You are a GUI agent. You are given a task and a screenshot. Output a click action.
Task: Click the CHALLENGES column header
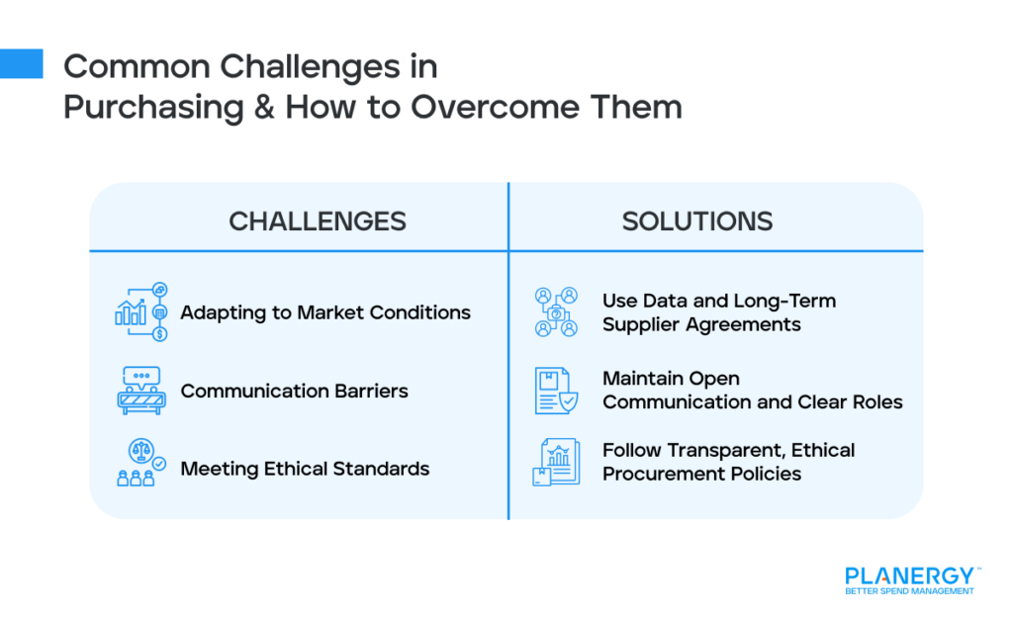coord(317,220)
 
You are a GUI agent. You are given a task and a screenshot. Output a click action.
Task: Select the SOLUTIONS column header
coord(696,220)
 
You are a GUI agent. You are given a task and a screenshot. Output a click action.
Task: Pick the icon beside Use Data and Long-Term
coord(556,311)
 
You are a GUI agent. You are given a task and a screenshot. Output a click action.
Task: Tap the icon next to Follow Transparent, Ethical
coord(556,463)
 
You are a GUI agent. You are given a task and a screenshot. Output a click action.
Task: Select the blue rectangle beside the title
coord(21,63)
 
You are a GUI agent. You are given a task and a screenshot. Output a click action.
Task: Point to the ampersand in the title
coord(265,106)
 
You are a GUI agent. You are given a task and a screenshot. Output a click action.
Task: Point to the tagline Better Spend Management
coord(909,591)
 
